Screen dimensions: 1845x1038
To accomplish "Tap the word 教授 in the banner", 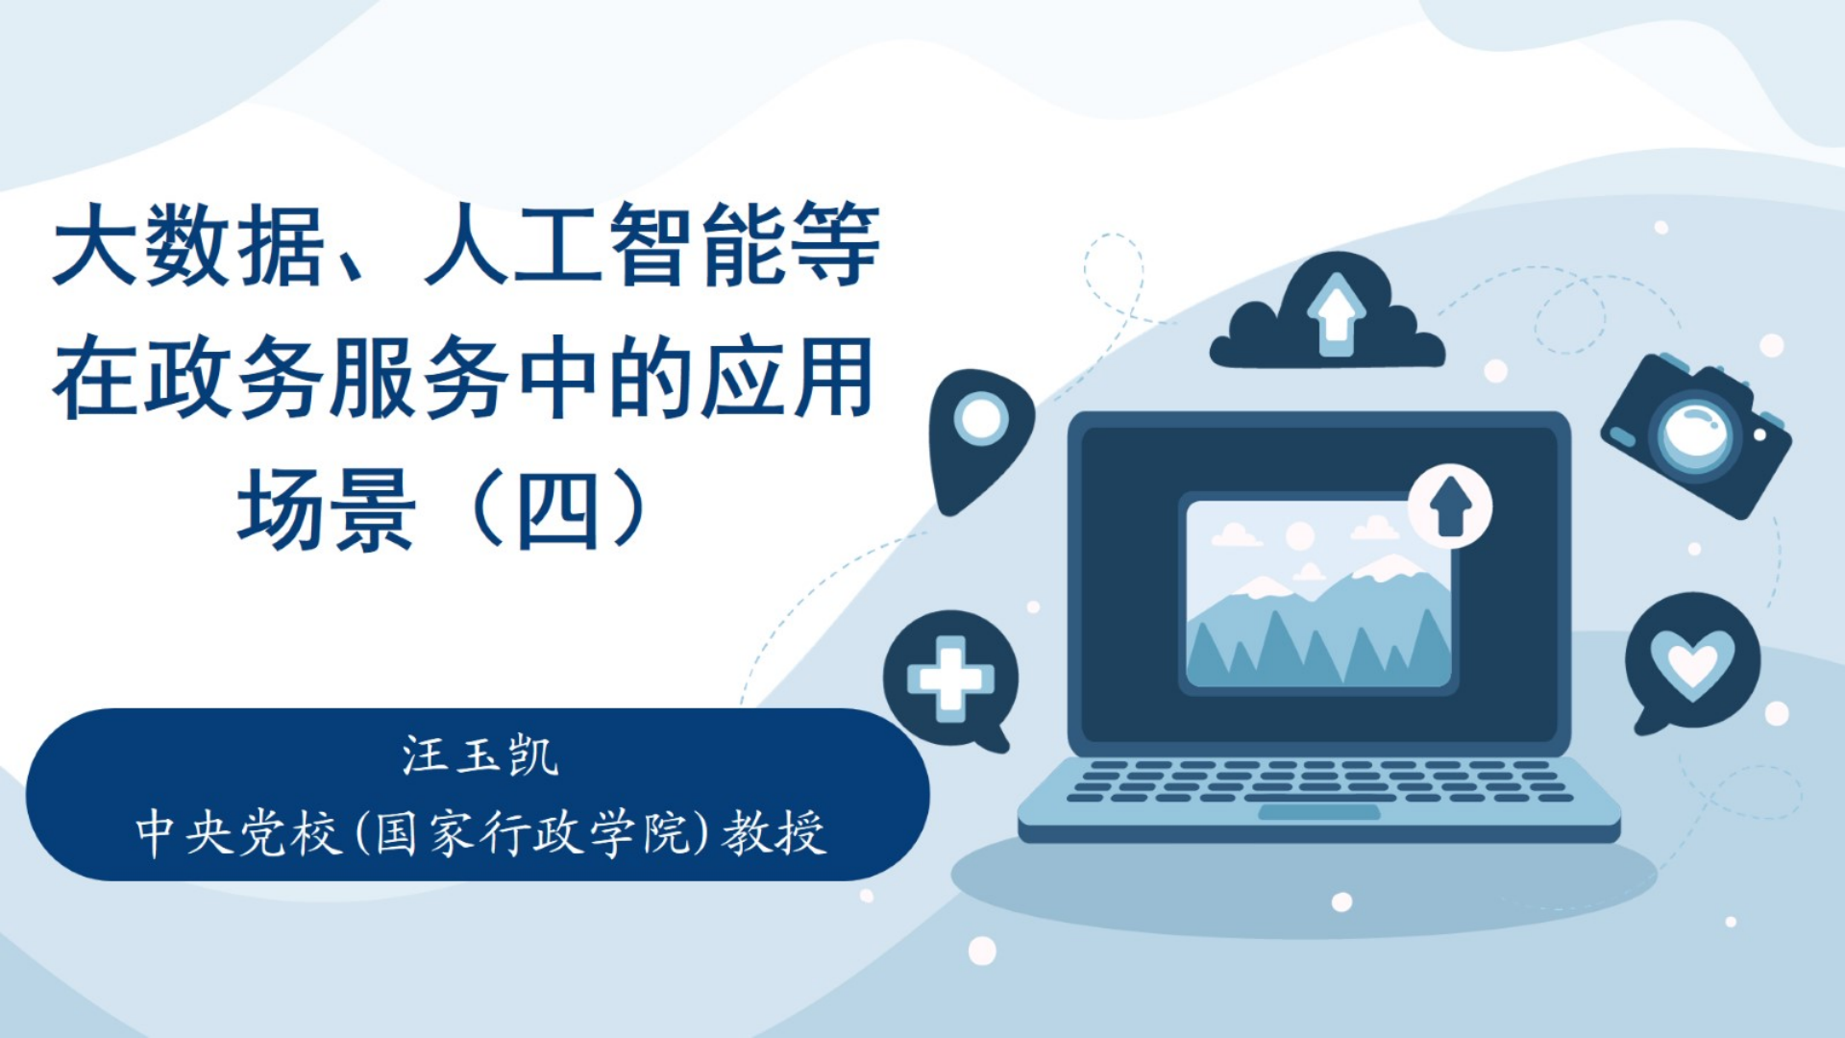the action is pyautogui.click(x=775, y=832).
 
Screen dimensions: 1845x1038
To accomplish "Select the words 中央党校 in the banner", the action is pyautogui.click(x=239, y=832).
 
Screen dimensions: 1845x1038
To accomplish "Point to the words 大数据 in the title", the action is pyautogui.click(x=189, y=245).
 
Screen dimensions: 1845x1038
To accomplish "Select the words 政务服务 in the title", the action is pyautogui.click(x=327, y=378).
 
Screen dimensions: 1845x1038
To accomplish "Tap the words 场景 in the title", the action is pyautogui.click(x=327, y=509).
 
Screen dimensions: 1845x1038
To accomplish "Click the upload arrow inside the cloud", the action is pyautogui.click(x=1336, y=313).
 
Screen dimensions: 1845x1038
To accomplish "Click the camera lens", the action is pyautogui.click(x=1696, y=434).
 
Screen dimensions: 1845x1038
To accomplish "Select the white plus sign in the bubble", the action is pyautogui.click(x=950, y=679).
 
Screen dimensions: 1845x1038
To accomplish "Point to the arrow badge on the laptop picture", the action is pyautogui.click(x=1450, y=507).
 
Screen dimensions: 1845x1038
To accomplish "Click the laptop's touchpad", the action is pyautogui.click(x=1318, y=813).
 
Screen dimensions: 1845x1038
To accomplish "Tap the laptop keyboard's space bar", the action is pyautogui.click(x=1319, y=798).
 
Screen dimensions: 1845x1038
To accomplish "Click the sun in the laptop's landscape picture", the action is pyautogui.click(x=1299, y=536).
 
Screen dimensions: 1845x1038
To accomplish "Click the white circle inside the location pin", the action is pyautogui.click(x=981, y=418).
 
